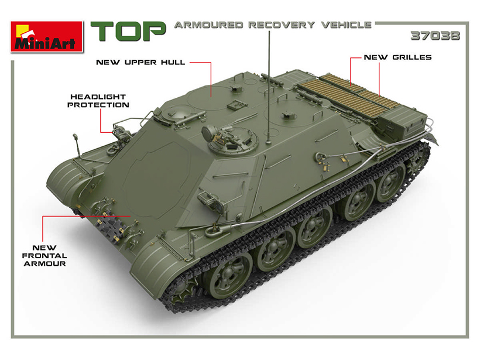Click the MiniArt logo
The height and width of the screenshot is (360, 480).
pos(47,37)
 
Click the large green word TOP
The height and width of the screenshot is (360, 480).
pos(128,31)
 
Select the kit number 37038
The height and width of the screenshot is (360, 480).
pos(435,36)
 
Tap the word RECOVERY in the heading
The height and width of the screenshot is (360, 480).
pos(282,25)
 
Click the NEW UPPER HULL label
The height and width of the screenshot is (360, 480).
pos(140,63)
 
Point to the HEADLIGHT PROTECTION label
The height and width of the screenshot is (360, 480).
pos(98,101)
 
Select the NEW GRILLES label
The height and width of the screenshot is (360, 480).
pos(397,57)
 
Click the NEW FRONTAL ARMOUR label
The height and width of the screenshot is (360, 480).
pos(44,256)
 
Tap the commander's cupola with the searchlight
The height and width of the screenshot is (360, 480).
pos(229,139)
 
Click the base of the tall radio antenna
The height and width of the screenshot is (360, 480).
pos(269,142)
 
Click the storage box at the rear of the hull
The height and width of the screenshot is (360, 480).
pos(403,122)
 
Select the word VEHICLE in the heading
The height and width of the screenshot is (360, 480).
pos(346,25)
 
